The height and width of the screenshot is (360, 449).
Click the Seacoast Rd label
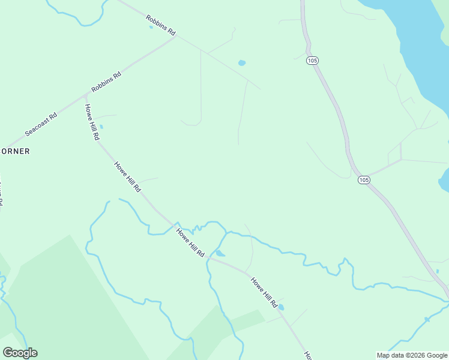[x=41, y=124]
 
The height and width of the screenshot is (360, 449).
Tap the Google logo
[x=20, y=353]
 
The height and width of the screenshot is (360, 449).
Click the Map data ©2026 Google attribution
[x=412, y=355]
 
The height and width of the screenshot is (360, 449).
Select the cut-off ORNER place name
[x=15, y=151]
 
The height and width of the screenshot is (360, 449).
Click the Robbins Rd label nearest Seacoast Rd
[x=106, y=82]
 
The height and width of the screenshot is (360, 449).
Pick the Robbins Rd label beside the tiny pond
[x=161, y=25]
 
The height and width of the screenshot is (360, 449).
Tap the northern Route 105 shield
[x=312, y=61]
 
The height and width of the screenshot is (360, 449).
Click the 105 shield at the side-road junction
[x=363, y=180]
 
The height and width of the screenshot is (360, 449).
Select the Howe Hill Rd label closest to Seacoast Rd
[x=92, y=122]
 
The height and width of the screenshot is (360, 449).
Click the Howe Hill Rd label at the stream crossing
[x=190, y=242]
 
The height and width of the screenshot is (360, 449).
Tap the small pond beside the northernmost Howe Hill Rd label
[x=101, y=127]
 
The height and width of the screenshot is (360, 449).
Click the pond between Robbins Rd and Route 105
[x=242, y=62]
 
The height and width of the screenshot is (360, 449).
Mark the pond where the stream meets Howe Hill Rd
[x=220, y=254]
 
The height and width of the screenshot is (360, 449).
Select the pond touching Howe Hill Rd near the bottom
[x=282, y=307]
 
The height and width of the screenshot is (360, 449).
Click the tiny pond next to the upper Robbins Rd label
[x=151, y=27]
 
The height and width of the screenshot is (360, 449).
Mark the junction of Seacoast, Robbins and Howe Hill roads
[x=86, y=95]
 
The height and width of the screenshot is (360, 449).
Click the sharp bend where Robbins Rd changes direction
[x=175, y=37]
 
